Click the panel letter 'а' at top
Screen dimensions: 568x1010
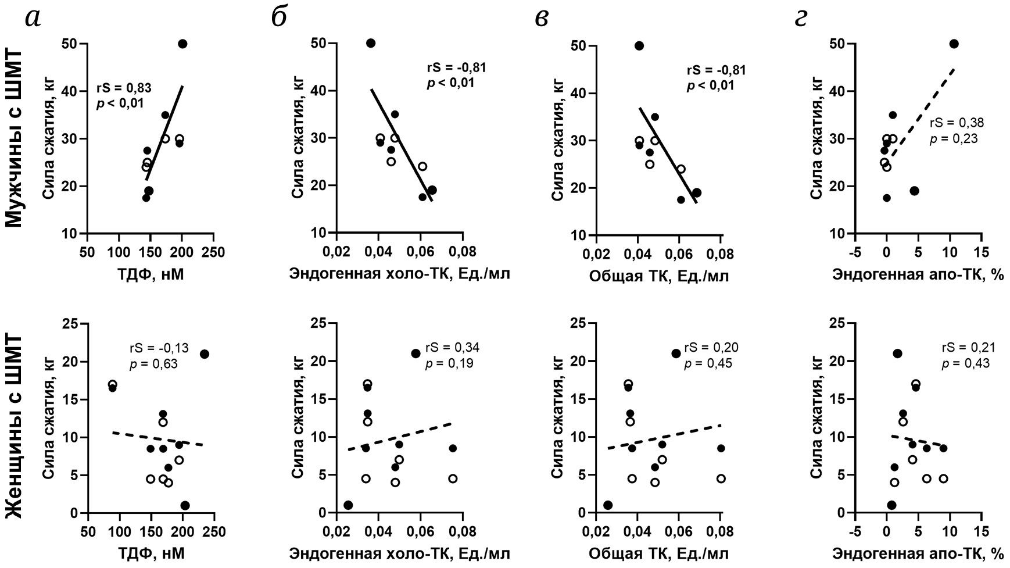[33, 19]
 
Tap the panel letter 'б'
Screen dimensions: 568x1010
[280, 18]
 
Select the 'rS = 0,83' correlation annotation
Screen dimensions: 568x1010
[124, 89]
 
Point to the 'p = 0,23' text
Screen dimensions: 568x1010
[954, 138]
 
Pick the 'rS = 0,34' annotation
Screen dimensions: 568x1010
[452, 348]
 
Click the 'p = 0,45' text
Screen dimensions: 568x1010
[708, 364]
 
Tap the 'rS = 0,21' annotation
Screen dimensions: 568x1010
[968, 348]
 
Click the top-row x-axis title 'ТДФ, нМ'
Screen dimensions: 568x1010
[150, 274]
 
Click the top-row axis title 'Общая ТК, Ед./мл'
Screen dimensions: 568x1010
[658, 276]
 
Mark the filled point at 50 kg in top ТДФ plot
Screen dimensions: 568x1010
[182, 44]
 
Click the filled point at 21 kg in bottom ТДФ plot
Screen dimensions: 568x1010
[204, 354]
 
